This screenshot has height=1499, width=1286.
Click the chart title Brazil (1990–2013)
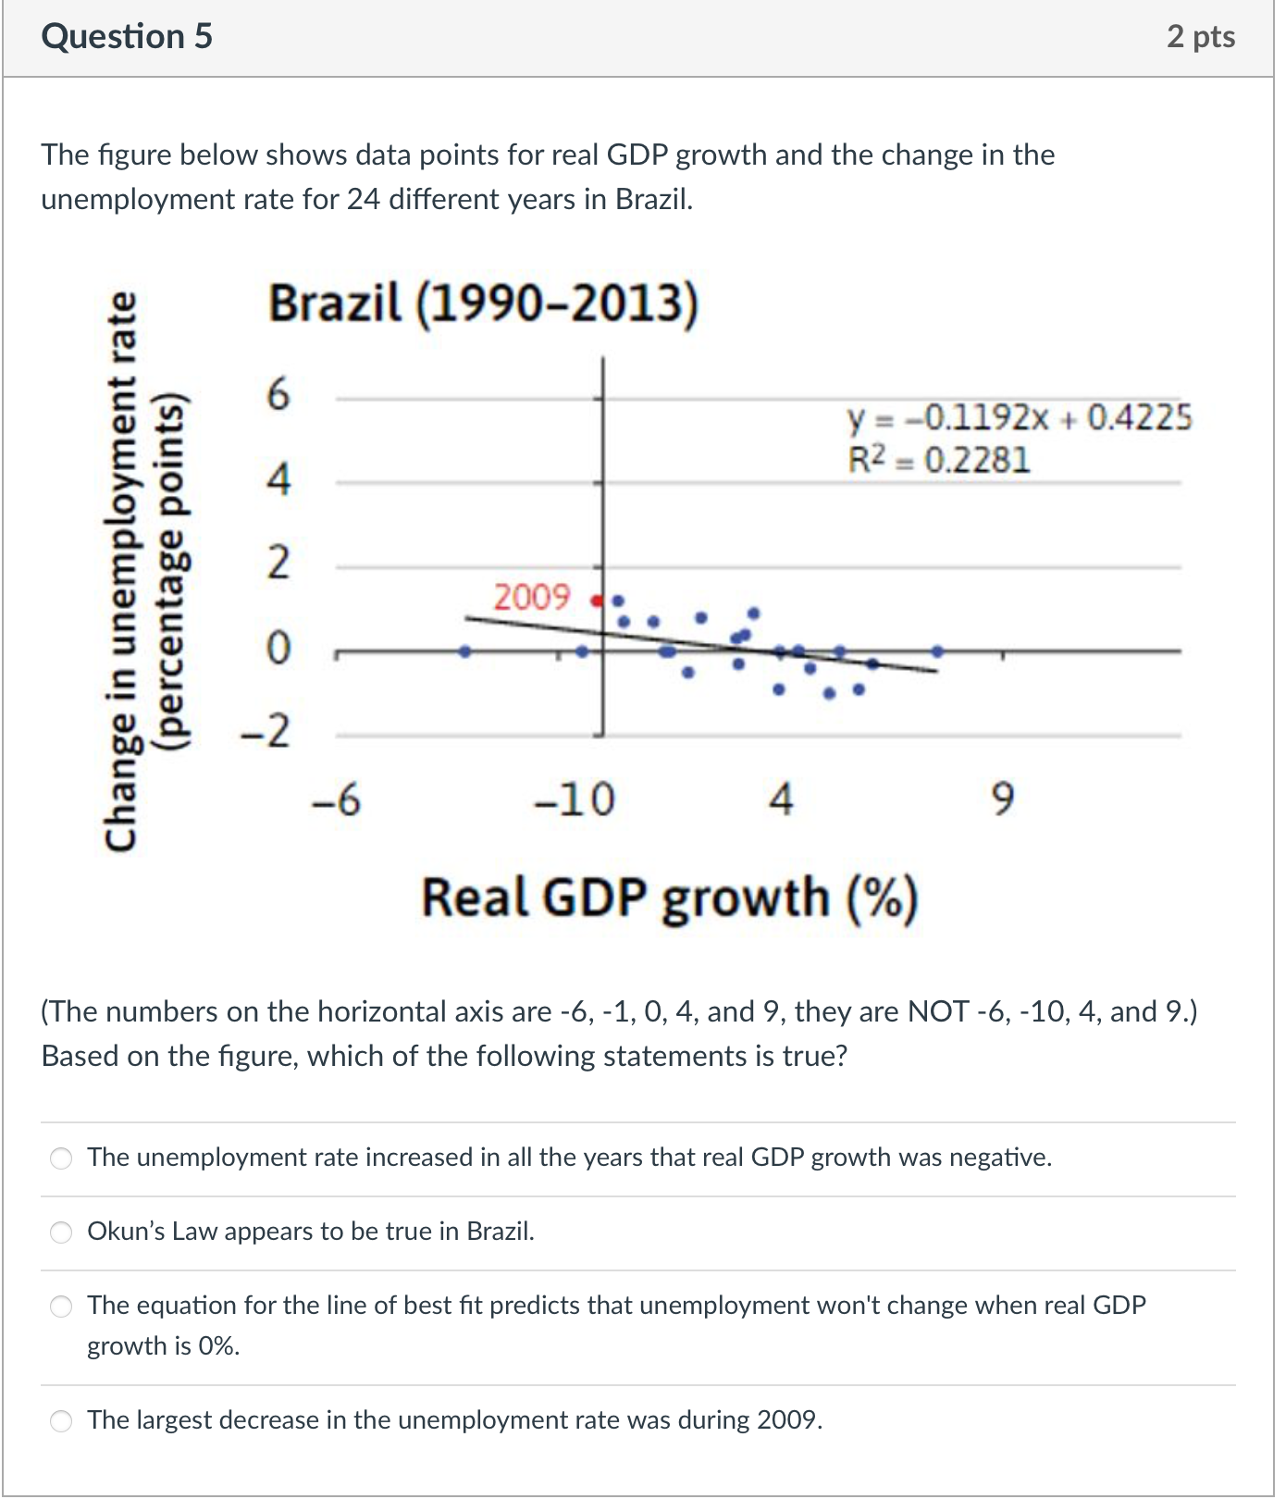[483, 304]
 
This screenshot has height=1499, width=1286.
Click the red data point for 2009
[597, 601]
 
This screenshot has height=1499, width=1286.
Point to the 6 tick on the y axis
[278, 395]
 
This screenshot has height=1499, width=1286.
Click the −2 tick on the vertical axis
[266, 732]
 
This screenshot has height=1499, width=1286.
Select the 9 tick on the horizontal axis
[1003, 799]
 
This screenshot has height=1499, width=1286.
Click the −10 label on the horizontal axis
[575, 799]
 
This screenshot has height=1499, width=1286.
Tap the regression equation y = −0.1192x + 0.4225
[1020, 418]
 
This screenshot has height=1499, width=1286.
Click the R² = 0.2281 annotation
[938, 460]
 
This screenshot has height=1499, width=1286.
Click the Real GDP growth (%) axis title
[669, 898]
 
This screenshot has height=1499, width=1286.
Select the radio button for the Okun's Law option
[61, 1232]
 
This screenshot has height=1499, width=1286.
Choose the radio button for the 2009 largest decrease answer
[61, 1420]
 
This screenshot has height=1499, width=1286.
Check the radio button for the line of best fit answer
[61, 1306]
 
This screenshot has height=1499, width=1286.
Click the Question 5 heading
[127, 36]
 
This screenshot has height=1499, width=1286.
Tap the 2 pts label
[1200, 36]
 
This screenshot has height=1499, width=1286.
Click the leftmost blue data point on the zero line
[465, 651]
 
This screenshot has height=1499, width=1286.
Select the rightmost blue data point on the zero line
[937, 651]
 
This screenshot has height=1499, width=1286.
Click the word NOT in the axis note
[939, 1011]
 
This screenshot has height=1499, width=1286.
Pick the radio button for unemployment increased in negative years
[61, 1158]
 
